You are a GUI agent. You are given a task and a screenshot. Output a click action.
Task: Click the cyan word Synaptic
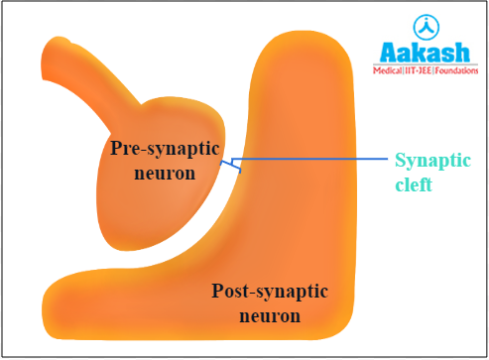click(433, 162)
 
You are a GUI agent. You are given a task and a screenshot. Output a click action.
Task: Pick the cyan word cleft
click(415, 184)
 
